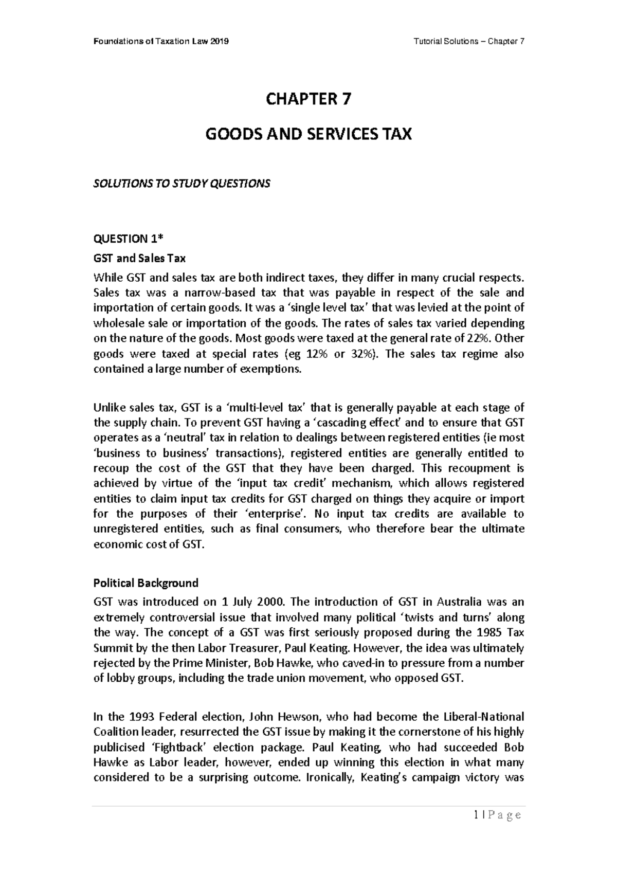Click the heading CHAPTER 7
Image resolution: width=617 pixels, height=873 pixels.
(308, 99)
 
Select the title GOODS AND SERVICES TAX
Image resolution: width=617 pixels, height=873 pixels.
(308, 135)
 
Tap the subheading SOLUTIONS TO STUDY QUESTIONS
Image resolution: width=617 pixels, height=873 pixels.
(181, 184)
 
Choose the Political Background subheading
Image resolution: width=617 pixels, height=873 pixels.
(146, 583)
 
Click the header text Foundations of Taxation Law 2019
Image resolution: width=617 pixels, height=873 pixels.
(161, 42)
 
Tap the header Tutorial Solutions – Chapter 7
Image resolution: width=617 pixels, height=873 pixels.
(469, 42)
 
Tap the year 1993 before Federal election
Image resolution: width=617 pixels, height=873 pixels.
(141, 717)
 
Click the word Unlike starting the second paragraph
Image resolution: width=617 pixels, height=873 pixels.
(108, 408)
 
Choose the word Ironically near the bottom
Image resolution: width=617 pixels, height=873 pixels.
(330, 777)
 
